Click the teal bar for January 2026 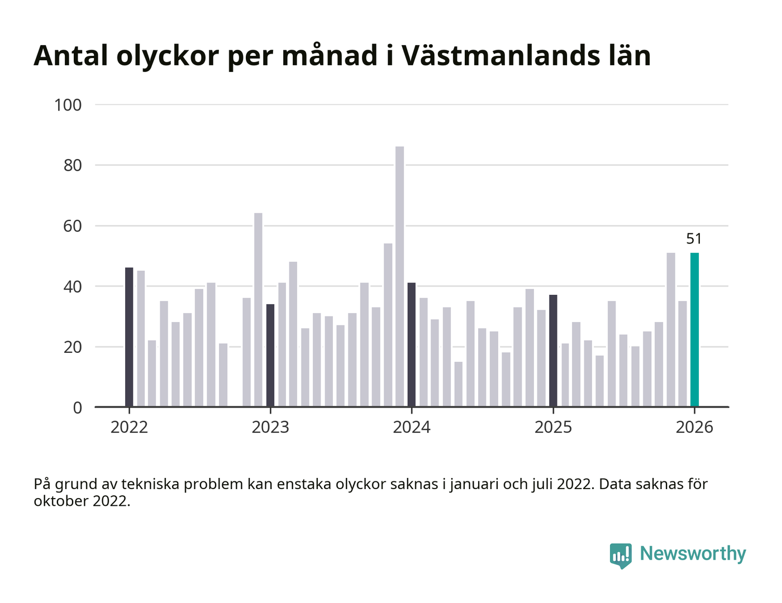(694, 330)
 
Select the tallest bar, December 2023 (399, 276)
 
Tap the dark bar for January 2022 (129, 337)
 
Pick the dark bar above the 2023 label (270, 355)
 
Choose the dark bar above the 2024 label (412, 344)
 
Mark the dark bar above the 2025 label (553, 351)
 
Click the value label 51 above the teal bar (694, 239)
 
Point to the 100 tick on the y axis (68, 105)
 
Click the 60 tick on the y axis (73, 226)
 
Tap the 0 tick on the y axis (77, 408)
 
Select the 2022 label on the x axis (129, 427)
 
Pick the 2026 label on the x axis (694, 427)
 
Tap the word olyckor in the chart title (167, 56)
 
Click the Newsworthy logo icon (621, 555)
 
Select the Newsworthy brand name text (693, 553)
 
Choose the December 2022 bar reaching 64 (258, 310)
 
